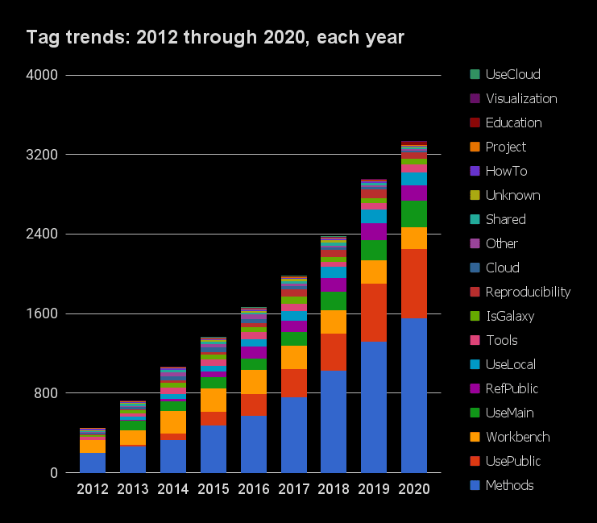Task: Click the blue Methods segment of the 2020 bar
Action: [414, 396]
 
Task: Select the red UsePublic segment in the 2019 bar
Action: [374, 312]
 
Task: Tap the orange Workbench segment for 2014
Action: [173, 421]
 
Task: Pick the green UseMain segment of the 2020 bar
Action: [414, 214]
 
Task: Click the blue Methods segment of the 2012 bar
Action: [93, 463]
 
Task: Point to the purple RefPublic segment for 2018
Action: [334, 284]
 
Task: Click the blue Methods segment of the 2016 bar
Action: [254, 444]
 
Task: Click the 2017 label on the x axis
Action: [294, 489]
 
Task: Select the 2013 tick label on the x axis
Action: [133, 489]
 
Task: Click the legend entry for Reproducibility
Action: [528, 292]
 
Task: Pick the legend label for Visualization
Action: [520, 98]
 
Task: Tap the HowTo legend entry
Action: [505, 171]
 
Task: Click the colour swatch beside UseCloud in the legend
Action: [475, 74]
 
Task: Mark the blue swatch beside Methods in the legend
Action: [475, 485]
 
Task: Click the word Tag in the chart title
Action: [41, 37]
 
